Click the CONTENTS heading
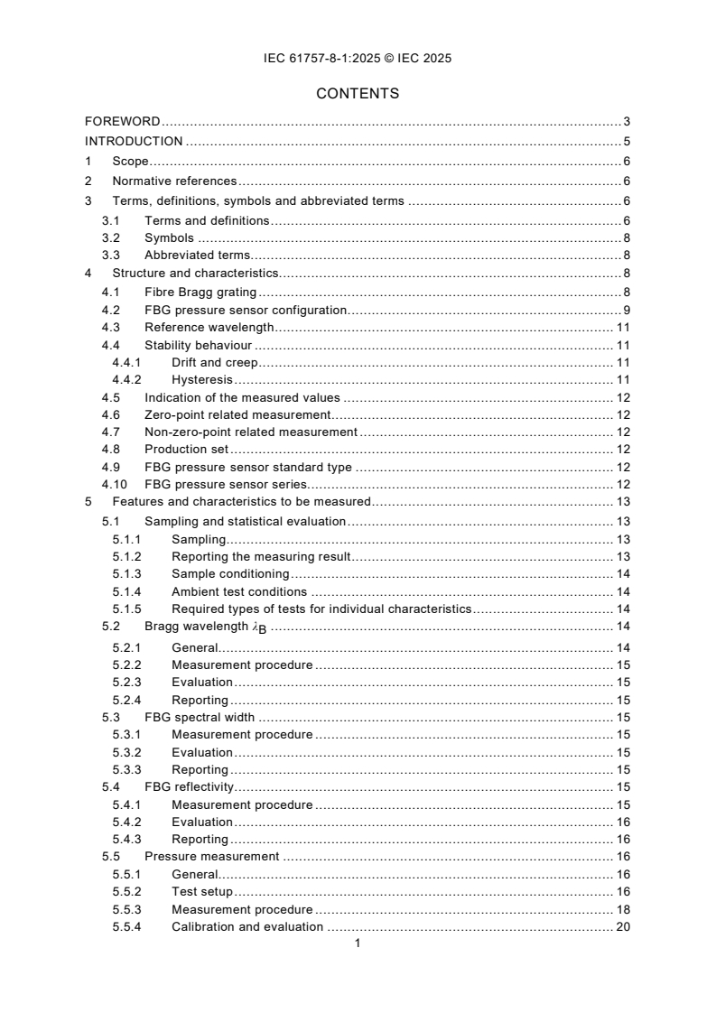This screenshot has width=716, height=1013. pyautogui.click(x=358, y=93)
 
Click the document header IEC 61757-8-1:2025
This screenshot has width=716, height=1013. pyautogui.click(x=358, y=59)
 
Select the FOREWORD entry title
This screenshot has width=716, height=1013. pyautogui.click(x=123, y=121)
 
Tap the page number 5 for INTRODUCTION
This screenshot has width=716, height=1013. pyautogui.click(x=626, y=141)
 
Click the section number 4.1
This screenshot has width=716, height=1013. pyautogui.click(x=111, y=291)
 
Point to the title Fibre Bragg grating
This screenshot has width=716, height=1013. pyautogui.click(x=200, y=291)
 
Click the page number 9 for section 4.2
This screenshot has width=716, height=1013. pyautogui.click(x=626, y=310)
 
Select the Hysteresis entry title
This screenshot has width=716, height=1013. pyautogui.click(x=202, y=380)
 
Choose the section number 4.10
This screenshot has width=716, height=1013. pyautogui.click(x=114, y=484)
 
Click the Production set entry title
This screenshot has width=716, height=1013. pyautogui.click(x=187, y=449)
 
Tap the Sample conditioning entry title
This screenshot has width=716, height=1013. pyautogui.click(x=230, y=573)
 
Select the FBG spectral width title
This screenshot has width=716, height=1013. pyautogui.click(x=200, y=718)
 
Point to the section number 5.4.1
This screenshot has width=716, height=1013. pyautogui.click(x=127, y=804)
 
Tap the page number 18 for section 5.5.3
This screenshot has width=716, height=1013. pyautogui.click(x=622, y=909)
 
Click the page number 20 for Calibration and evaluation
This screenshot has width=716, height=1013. pyautogui.click(x=622, y=926)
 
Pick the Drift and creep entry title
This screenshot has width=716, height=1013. pyautogui.click(x=214, y=362)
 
